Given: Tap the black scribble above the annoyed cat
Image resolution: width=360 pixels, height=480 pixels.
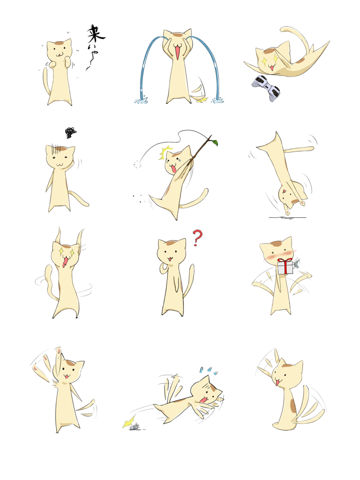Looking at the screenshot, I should [70, 133].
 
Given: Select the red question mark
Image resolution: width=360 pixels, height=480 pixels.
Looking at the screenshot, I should [196, 237].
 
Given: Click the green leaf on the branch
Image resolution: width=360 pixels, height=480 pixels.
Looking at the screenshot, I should [215, 142].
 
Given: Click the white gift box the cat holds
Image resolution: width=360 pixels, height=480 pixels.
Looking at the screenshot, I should [285, 266].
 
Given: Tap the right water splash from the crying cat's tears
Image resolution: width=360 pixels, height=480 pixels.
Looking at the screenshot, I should [220, 101].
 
